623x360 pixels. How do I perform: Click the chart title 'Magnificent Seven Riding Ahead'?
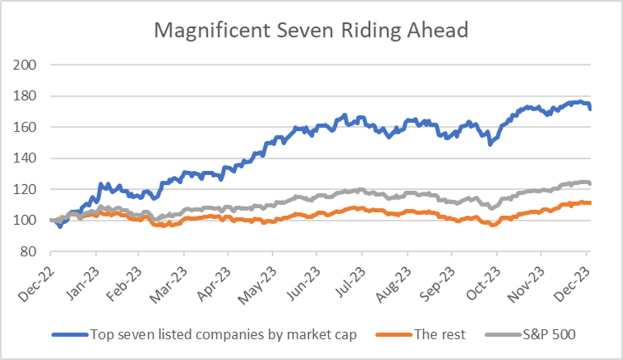(x=311, y=30)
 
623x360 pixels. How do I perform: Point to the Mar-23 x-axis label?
(x=173, y=277)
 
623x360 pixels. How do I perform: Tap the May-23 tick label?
(x=262, y=277)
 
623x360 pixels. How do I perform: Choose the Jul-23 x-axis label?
(x=351, y=277)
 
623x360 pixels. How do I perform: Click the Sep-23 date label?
(x=441, y=277)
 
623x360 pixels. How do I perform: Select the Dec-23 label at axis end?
(x=575, y=277)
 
